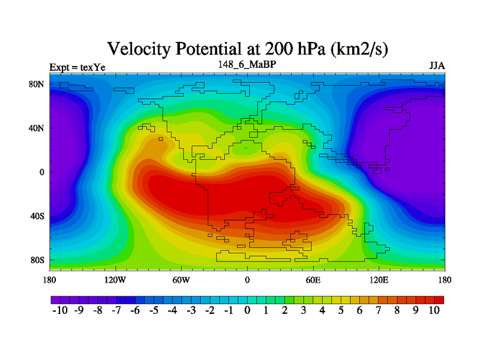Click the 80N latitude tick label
pyautogui.click(x=37, y=84)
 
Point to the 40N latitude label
pyautogui.click(x=37, y=128)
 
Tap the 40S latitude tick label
pyautogui.click(x=37, y=216)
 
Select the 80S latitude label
pyautogui.click(x=37, y=260)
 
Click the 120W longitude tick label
pyautogui.click(x=115, y=280)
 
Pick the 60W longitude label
pyautogui.click(x=181, y=280)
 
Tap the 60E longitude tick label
pyautogui.click(x=313, y=280)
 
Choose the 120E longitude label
pyautogui.click(x=379, y=280)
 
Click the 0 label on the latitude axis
pyautogui.click(x=41, y=172)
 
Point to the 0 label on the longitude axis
pyautogui.click(x=247, y=280)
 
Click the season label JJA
pyautogui.click(x=437, y=66)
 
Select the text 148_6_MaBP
pyautogui.click(x=247, y=64)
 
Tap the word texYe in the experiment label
pyautogui.click(x=93, y=67)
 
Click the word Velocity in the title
pyautogui.click(x=139, y=49)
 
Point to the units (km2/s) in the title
pyautogui.click(x=359, y=49)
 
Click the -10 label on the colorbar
pyautogui.click(x=60, y=310)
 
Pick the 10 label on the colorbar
pyautogui.click(x=434, y=310)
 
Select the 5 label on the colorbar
pyautogui.click(x=341, y=310)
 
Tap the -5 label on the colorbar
pyautogui.click(x=154, y=310)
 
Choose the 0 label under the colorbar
pyautogui.click(x=247, y=310)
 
